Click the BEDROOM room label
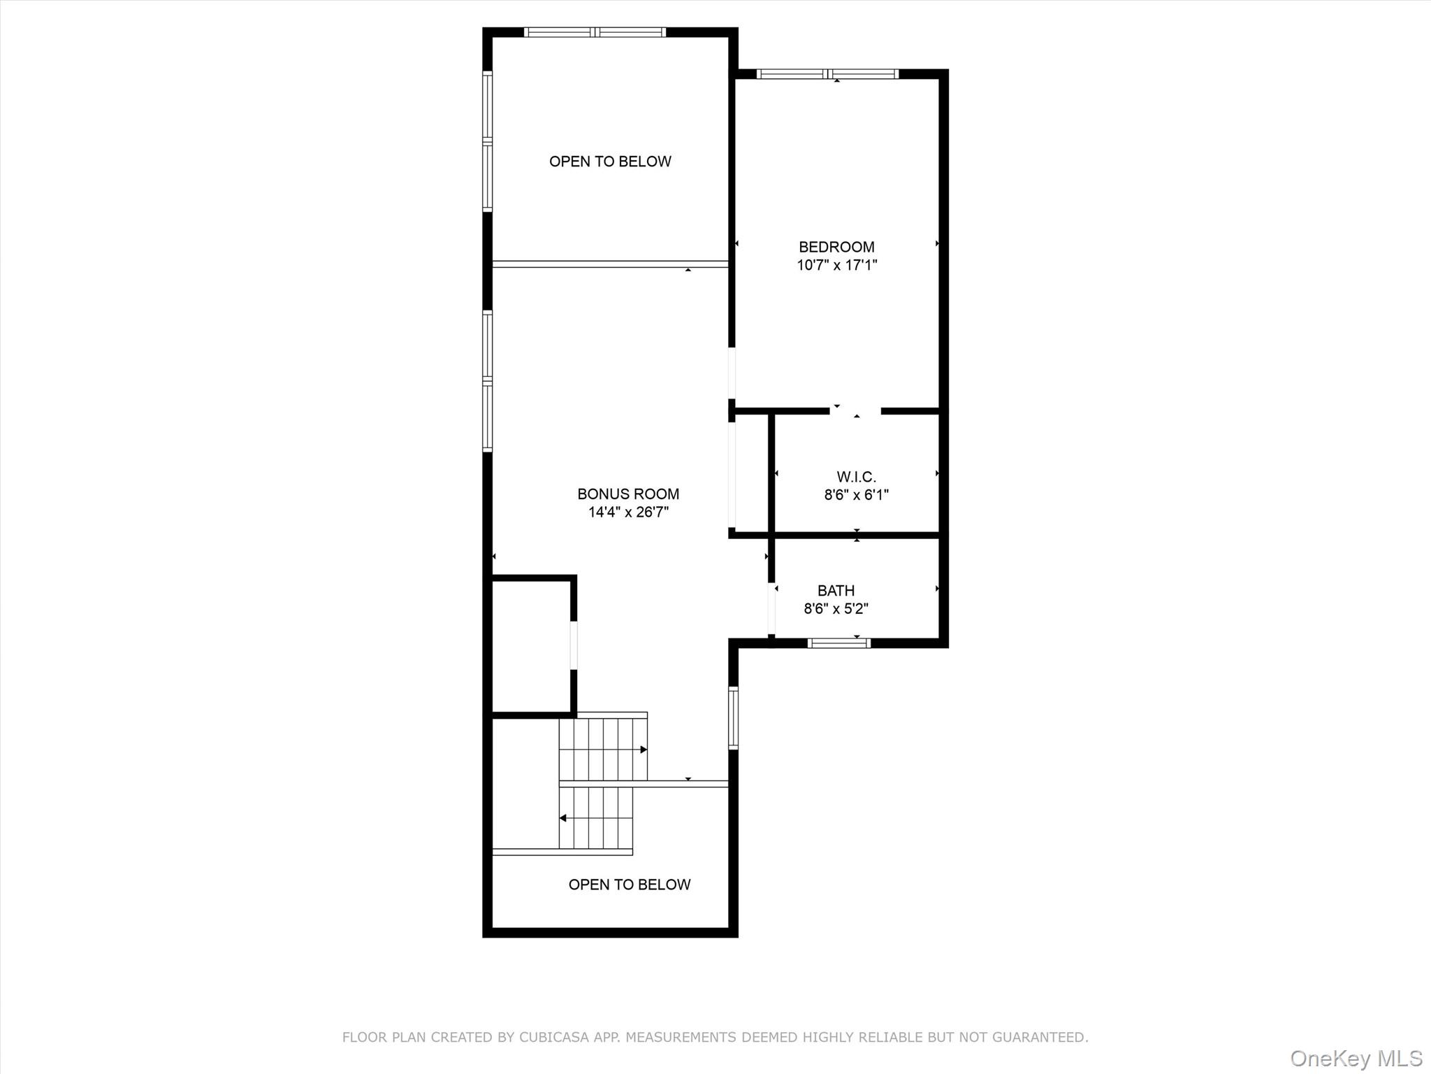(x=836, y=247)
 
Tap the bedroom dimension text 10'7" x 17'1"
(x=837, y=265)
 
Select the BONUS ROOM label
(x=628, y=494)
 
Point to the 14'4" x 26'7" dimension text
(x=628, y=512)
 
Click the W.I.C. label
(x=857, y=477)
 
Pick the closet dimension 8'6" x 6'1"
(x=857, y=495)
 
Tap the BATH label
(x=836, y=591)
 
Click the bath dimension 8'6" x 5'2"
(x=836, y=608)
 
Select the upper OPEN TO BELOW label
(x=610, y=162)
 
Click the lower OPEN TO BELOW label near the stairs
(x=630, y=885)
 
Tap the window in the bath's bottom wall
(x=838, y=643)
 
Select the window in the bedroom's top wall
(x=828, y=74)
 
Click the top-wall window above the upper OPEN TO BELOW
(x=595, y=32)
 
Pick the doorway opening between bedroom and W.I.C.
(x=855, y=411)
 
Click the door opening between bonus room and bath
(x=771, y=608)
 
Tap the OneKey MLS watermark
(x=1356, y=1058)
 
